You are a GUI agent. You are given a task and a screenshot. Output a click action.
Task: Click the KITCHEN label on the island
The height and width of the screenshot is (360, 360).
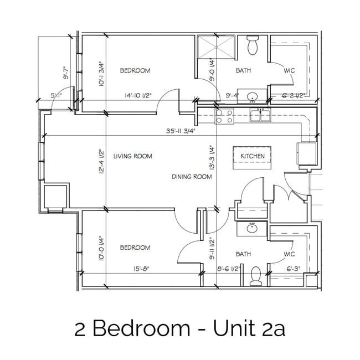253,156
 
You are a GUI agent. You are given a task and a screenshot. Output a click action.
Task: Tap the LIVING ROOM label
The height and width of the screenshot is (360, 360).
133,156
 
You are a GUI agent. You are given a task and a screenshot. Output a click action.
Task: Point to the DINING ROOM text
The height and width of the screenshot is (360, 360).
192,177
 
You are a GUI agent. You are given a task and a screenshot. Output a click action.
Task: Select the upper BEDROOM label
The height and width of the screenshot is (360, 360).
135,70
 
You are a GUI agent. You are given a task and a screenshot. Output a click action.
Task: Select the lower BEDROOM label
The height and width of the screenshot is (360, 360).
135,248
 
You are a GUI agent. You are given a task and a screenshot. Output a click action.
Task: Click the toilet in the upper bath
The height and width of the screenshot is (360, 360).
253,45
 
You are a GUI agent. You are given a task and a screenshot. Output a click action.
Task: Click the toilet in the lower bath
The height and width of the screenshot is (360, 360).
255,276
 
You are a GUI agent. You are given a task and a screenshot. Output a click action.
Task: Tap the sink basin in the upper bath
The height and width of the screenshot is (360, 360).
253,96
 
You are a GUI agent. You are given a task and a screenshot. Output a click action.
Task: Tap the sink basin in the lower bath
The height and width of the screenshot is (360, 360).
252,229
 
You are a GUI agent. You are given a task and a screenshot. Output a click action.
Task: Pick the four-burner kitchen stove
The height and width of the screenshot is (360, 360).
224,116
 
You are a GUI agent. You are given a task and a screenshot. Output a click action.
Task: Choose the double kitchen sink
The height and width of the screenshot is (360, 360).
260,116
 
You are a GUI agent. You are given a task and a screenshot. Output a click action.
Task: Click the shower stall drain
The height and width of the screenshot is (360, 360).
216,47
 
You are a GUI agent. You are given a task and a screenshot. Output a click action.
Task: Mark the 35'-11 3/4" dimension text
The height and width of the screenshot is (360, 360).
181,131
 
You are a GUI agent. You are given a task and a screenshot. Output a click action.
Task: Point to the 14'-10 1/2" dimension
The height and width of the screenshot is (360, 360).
138,95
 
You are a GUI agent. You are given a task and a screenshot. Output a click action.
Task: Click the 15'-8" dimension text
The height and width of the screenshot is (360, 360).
141,269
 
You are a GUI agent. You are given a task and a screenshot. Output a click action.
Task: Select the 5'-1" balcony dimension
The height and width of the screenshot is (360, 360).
56,95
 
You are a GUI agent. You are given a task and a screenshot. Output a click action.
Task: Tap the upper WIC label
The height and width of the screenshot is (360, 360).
289,70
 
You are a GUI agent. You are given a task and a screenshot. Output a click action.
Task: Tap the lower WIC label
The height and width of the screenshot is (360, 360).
289,254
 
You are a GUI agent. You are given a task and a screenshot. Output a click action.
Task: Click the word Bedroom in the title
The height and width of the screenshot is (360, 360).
141,328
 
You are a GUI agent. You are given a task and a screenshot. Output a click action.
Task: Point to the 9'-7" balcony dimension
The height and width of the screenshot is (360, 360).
66,73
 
